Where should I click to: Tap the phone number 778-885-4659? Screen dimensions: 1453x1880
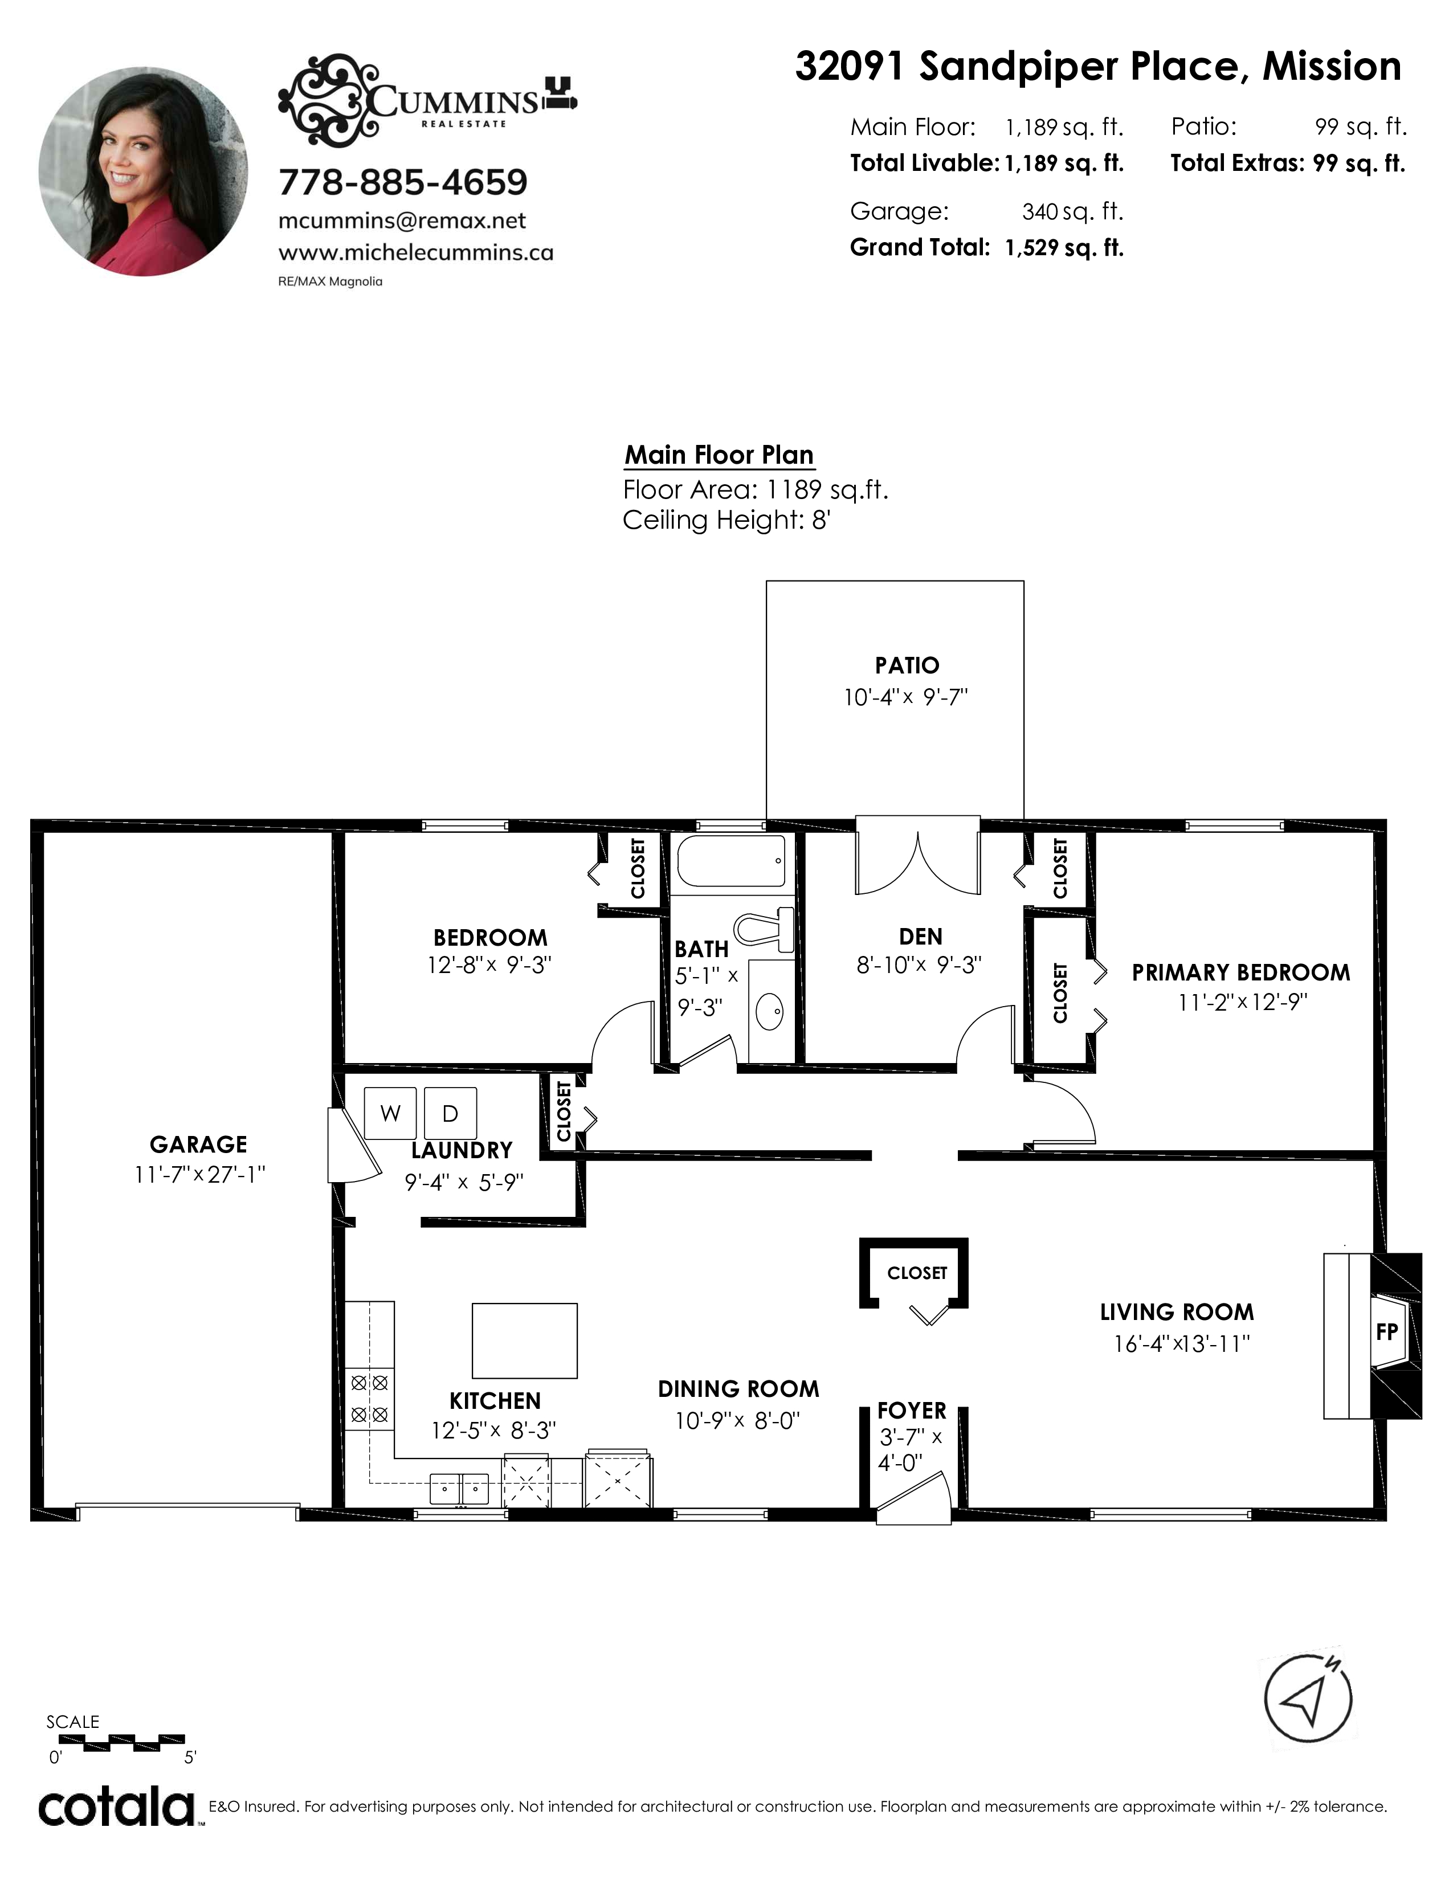point(403,182)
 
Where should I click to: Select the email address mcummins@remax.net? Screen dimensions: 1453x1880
point(402,221)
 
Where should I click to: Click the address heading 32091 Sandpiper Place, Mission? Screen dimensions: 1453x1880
point(1097,66)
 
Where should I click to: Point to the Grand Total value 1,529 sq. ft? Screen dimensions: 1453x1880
point(1064,248)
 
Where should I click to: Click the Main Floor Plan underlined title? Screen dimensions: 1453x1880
point(719,455)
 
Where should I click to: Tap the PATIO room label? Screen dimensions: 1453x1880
point(907,665)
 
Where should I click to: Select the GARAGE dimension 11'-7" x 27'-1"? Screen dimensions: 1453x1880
point(199,1174)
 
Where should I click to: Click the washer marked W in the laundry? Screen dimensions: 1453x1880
point(391,1114)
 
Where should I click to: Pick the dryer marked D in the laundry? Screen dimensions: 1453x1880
point(450,1114)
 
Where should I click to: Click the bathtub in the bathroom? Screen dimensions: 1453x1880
point(731,861)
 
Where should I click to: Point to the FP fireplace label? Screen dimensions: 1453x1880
point(1387,1333)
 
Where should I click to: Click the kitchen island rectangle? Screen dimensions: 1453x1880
point(524,1340)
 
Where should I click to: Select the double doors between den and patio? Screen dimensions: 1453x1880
point(917,855)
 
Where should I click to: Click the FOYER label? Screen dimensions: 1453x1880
point(912,1411)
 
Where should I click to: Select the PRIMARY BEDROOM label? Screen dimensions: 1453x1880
point(1240,972)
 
